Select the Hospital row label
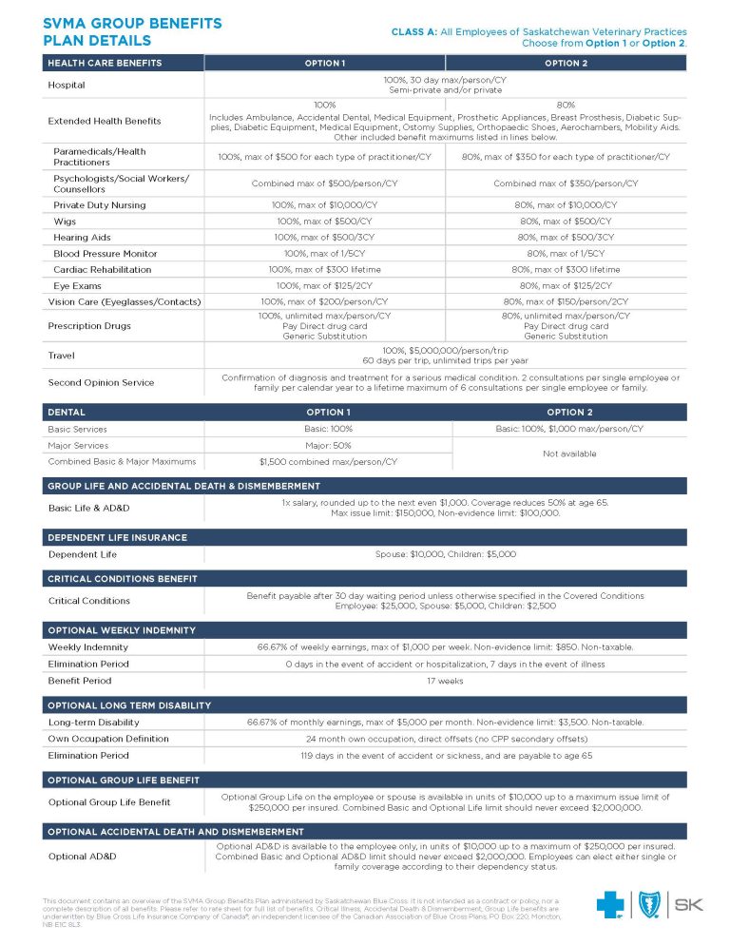[x=67, y=85]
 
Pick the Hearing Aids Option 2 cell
[x=566, y=237]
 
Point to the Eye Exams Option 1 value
[x=325, y=285]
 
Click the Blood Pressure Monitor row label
[x=106, y=254]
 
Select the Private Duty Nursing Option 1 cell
[x=325, y=204]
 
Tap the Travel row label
[x=62, y=356]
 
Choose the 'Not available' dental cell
[x=569, y=453]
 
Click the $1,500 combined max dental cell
[x=329, y=462]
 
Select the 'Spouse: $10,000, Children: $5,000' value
[x=445, y=553]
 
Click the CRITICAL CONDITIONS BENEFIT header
[x=123, y=578]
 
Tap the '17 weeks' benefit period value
[x=445, y=681]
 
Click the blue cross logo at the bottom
[x=609, y=905]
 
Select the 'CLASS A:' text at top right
[x=414, y=32]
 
